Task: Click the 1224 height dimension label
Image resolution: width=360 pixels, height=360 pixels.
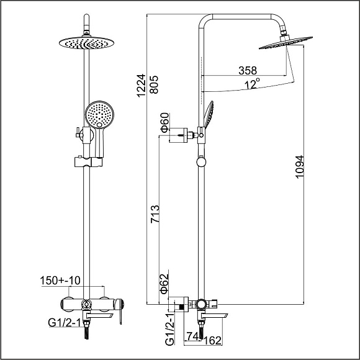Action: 142,86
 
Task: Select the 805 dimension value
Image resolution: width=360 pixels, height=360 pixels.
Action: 154,84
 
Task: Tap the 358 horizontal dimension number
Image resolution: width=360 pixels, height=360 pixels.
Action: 248,71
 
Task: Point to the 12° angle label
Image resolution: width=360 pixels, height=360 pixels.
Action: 253,84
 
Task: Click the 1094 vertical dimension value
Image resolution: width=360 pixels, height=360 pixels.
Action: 300,167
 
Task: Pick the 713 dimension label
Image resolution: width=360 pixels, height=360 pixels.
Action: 155,214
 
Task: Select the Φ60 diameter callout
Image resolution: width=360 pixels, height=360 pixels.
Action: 165,123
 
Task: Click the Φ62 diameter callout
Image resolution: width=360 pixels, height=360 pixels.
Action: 164,284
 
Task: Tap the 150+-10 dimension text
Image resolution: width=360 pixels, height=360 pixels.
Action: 60,281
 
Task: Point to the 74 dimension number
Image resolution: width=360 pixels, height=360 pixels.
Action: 192,336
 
